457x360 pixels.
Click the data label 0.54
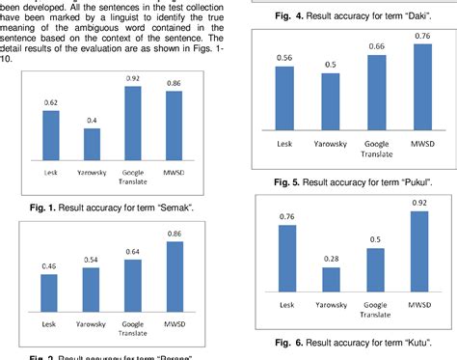click(x=93, y=260)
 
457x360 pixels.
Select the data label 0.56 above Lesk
click(x=284, y=58)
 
